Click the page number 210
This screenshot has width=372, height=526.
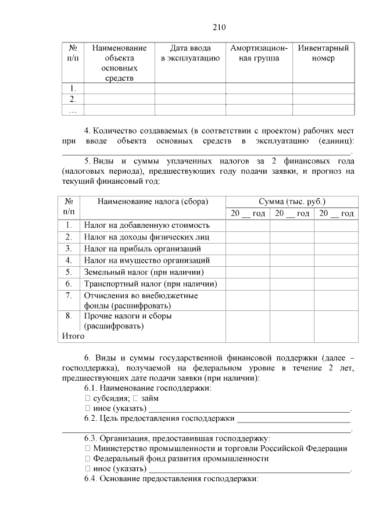click(219, 27)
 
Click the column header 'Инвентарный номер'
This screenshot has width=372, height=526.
click(323, 53)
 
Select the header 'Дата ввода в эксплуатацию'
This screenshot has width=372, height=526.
click(190, 53)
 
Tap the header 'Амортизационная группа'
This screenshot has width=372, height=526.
click(259, 53)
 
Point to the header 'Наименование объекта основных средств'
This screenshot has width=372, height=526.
click(119, 63)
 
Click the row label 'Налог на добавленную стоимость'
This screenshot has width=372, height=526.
click(146, 226)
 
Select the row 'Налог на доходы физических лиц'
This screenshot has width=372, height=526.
click(146, 237)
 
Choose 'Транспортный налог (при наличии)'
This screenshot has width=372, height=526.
click(150, 284)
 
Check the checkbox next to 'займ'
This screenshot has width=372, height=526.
click(135, 398)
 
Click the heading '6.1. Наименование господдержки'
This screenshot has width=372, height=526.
click(148, 388)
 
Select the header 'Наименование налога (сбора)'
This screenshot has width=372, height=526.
click(152, 201)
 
